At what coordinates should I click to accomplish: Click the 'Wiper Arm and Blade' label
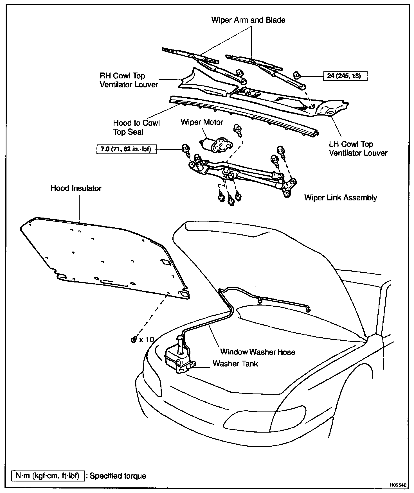[248, 20]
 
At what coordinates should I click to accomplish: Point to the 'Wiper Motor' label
[202, 122]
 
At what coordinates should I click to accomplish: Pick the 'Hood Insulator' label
[76, 188]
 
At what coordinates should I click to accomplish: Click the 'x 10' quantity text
[147, 340]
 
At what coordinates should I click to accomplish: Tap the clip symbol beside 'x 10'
[134, 340]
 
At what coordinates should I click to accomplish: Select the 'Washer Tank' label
[235, 363]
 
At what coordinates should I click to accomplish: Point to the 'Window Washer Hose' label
[258, 352]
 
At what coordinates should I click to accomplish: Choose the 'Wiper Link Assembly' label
[340, 198]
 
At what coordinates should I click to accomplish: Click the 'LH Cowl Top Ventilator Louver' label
[358, 148]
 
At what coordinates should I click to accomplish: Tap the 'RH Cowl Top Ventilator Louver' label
[129, 80]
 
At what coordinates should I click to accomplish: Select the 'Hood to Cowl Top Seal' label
[136, 127]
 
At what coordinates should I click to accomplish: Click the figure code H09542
[398, 485]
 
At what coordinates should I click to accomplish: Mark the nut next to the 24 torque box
[296, 75]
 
